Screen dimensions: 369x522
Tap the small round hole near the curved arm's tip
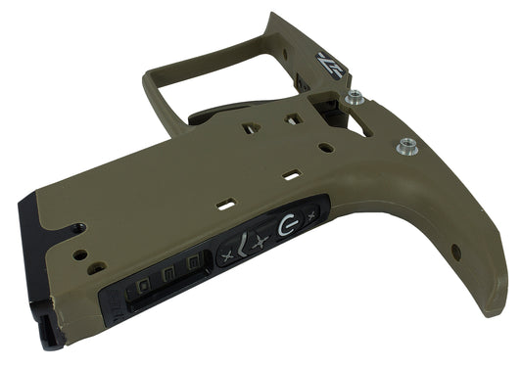455,256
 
